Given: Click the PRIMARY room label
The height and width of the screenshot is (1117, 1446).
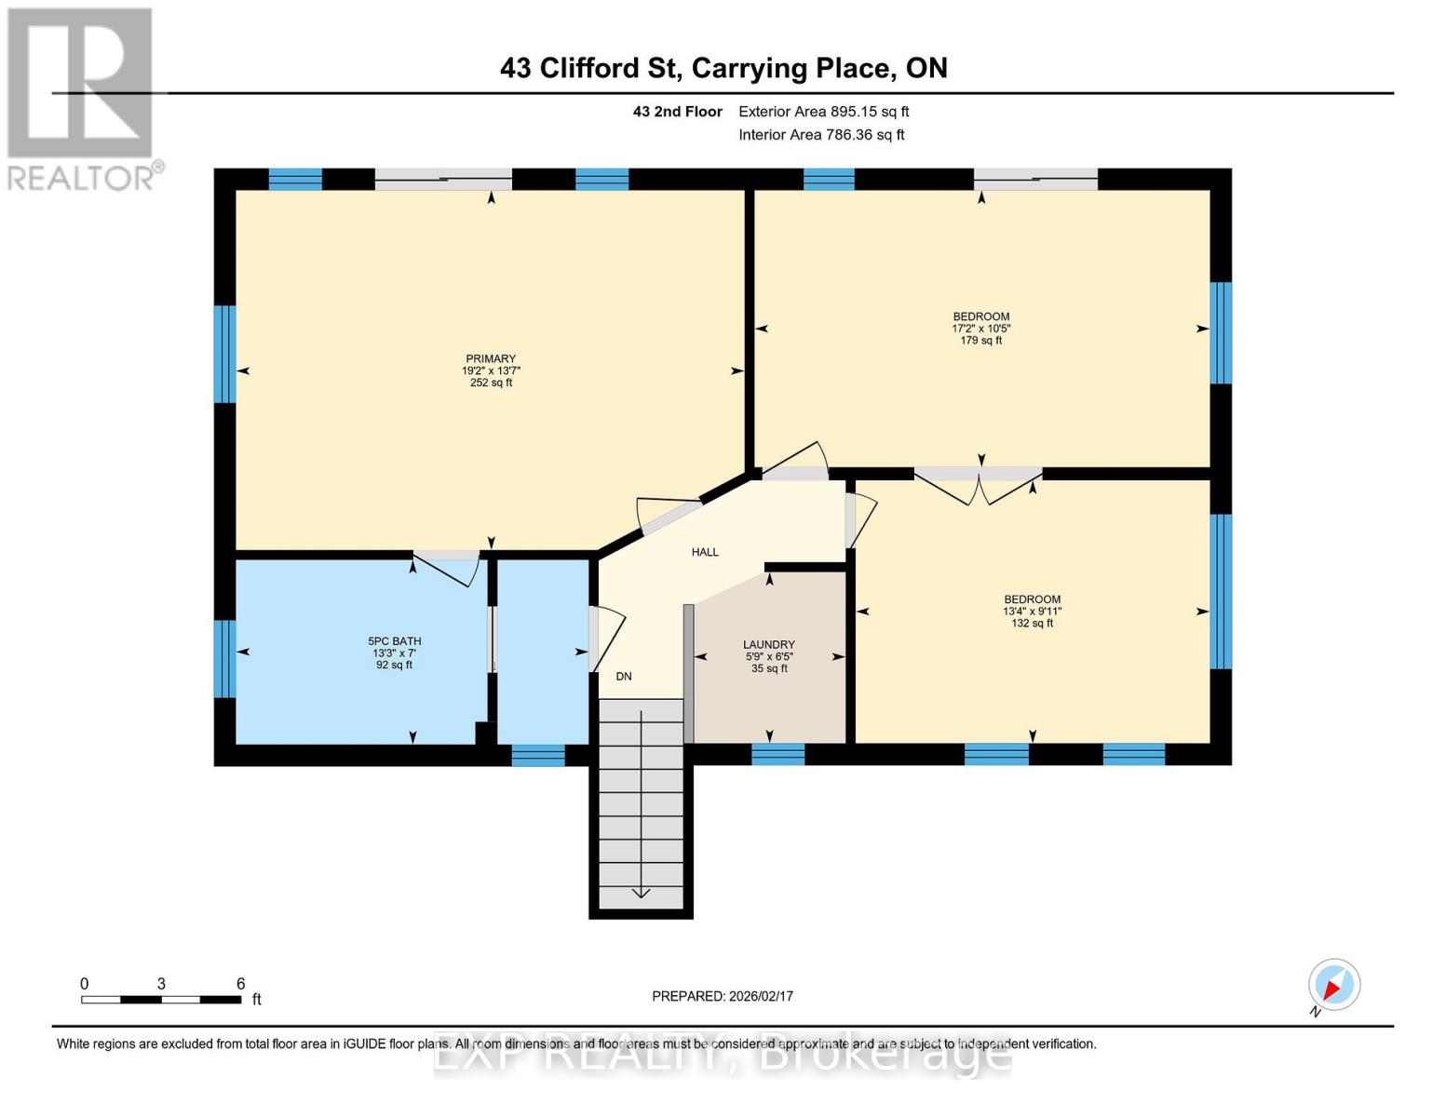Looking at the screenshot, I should pyautogui.click(x=491, y=358).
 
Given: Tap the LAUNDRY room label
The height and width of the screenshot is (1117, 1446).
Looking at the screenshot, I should pyautogui.click(x=768, y=644).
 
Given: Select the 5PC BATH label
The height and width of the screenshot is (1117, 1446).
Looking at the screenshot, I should pyautogui.click(x=394, y=640).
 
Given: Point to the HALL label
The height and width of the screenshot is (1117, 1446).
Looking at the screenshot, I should pyautogui.click(x=705, y=552).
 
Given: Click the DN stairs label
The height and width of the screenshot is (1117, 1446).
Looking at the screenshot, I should pyautogui.click(x=624, y=676).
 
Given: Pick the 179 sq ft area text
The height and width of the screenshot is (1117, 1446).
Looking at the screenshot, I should pyautogui.click(x=980, y=341).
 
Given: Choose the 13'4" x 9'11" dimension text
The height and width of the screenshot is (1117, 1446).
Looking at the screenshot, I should pyautogui.click(x=1032, y=612).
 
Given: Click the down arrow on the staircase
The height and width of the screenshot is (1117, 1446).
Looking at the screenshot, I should pyautogui.click(x=641, y=893).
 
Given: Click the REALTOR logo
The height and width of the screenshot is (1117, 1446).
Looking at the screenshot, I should pyautogui.click(x=81, y=98).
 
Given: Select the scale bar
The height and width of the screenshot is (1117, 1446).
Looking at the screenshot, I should pyautogui.click(x=161, y=1000).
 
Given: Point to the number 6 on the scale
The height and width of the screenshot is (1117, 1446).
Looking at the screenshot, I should pyautogui.click(x=240, y=984).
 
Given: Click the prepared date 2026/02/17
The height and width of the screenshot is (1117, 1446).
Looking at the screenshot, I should pyautogui.click(x=722, y=996).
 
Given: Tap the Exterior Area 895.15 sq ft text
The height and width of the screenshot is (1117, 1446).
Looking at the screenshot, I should pyautogui.click(x=823, y=112).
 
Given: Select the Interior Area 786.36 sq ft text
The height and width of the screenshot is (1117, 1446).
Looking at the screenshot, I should pyautogui.click(x=821, y=135).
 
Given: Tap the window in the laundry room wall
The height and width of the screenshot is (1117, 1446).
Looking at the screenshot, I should pyautogui.click(x=777, y=754).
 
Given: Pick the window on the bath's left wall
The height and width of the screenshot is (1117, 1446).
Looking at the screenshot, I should pyautogui.click(x=224, y=658).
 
